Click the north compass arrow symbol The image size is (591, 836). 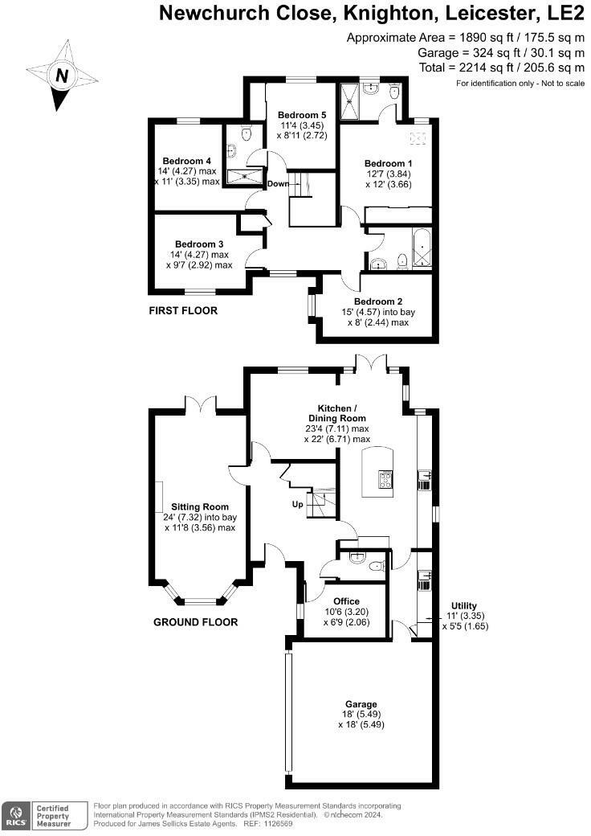[62, 76]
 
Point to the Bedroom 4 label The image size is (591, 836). [186, 161]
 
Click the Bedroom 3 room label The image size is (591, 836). [199, 244]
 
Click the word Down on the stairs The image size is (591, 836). [278, 184]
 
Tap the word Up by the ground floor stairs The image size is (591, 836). [297, 506]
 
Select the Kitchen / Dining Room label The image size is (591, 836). [337, 413]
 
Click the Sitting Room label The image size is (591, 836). [200, 506]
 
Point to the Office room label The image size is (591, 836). [347, 600]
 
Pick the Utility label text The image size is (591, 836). [463, 605]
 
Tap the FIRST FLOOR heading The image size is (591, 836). [183, 310]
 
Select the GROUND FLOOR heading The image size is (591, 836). [196, 622]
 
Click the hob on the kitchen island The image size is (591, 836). [385, 480]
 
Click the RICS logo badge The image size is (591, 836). [16, 815]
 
